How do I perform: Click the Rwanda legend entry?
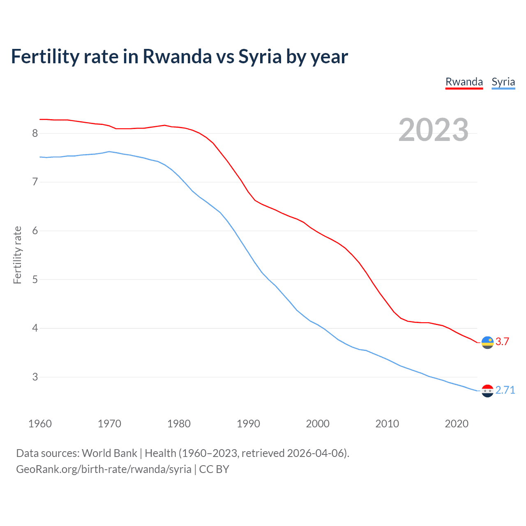(464, 82)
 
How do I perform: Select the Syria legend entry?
(503, 82)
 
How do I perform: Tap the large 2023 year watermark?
(433, 130)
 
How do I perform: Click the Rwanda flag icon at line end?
(487, 342)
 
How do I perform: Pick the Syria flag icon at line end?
(487, 391)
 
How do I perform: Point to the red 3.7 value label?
(502, 341)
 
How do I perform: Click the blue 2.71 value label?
(505, 390)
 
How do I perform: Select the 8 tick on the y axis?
(35, 133)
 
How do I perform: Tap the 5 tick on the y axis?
(35, 279)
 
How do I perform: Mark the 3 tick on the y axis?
(35, 377)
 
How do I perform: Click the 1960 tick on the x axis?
(40, 424)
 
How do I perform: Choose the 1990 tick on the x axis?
(248, 424)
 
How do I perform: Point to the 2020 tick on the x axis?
(457, 424)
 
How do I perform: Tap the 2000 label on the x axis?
(318, 424)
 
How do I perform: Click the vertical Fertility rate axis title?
(17, 255)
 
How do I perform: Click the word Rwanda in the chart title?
(177, 56)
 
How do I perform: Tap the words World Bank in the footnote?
(109, 453)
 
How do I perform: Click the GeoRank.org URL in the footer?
(104, 469)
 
